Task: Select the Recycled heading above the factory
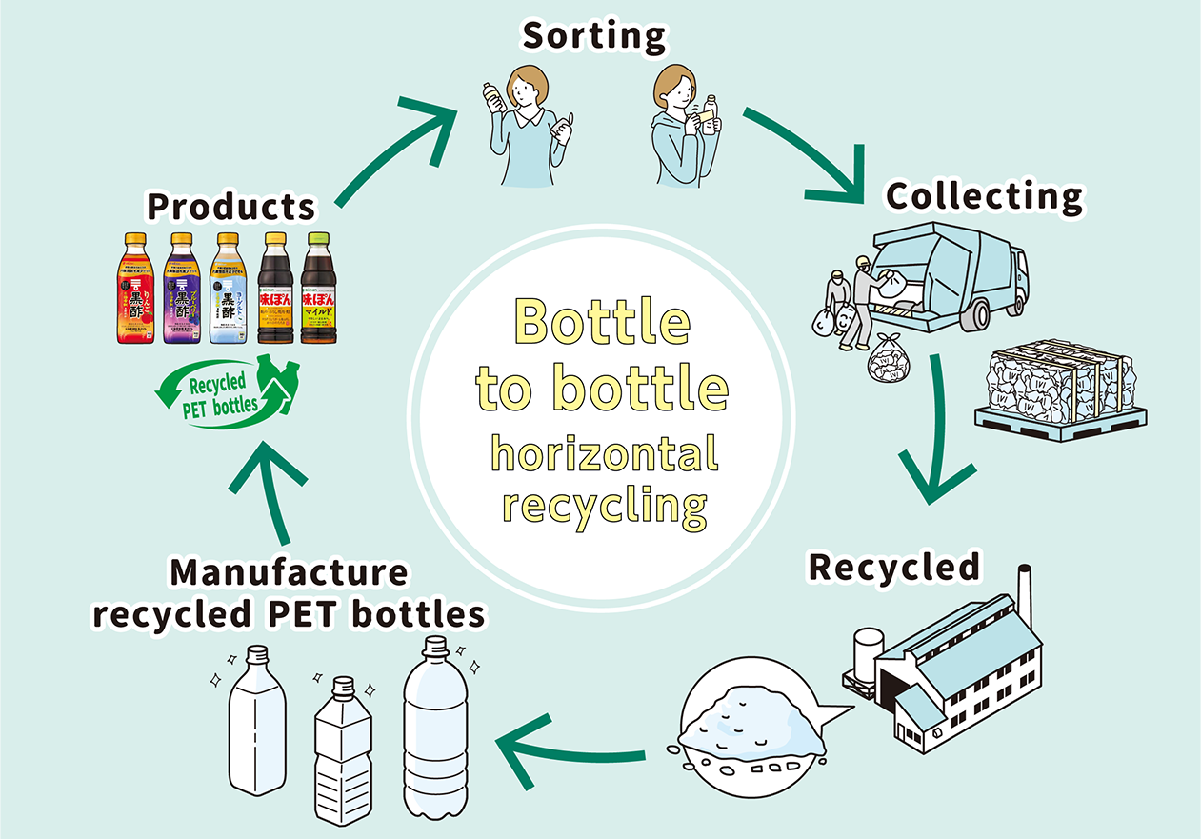[x=893, y=567]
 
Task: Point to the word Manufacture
[x=288, y=573]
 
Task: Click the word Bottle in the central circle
[x=602, y=322]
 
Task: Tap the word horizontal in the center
[x=604, y=454]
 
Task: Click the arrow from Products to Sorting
[x=395, y=152]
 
